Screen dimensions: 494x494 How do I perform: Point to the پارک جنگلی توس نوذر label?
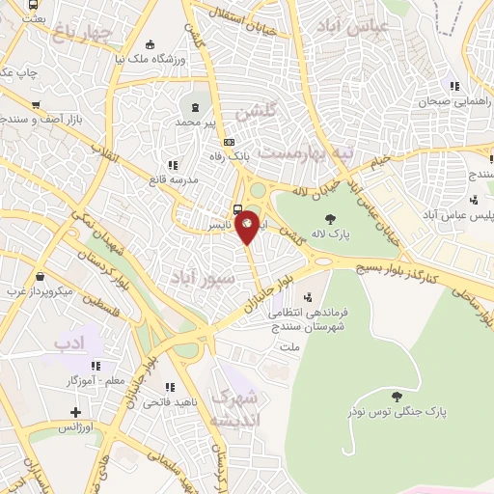pyautogui.click(x=397, y=412)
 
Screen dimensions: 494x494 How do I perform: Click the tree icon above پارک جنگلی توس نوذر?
pyautogui.click(x=397, y=396)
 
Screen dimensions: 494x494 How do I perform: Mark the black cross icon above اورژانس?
pyautogui.click(x=71, y=410)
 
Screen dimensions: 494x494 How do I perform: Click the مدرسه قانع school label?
pyautogui.click(x=173, y=179)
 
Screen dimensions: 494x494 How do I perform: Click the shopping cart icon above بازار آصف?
pyautogui.click(x=36, y=105)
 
